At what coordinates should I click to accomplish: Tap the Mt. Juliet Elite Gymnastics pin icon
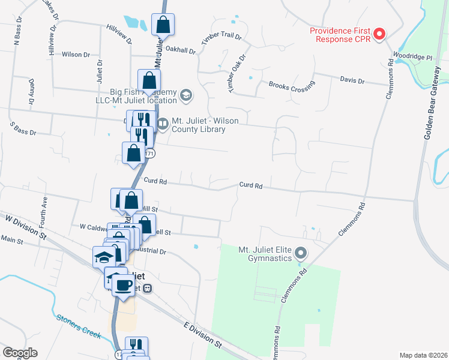click(x=302, y=254)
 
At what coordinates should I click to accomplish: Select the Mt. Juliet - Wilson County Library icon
click(x=163, y=124)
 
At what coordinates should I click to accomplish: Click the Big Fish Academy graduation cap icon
click(x=186, y=95)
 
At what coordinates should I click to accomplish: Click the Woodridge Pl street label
click(x=412, y=57)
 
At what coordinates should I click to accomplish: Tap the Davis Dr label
click(x=352, y=80)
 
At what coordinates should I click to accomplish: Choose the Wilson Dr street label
click(x=76, y=55)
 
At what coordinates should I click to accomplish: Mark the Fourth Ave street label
click(x=44, y=211)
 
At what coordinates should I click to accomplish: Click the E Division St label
click(x=202, y=335)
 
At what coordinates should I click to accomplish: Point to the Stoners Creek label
click(x=78, y=326)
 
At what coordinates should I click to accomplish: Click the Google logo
click(x=20, y=353)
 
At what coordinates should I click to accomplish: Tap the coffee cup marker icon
click(x=123, y=285)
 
